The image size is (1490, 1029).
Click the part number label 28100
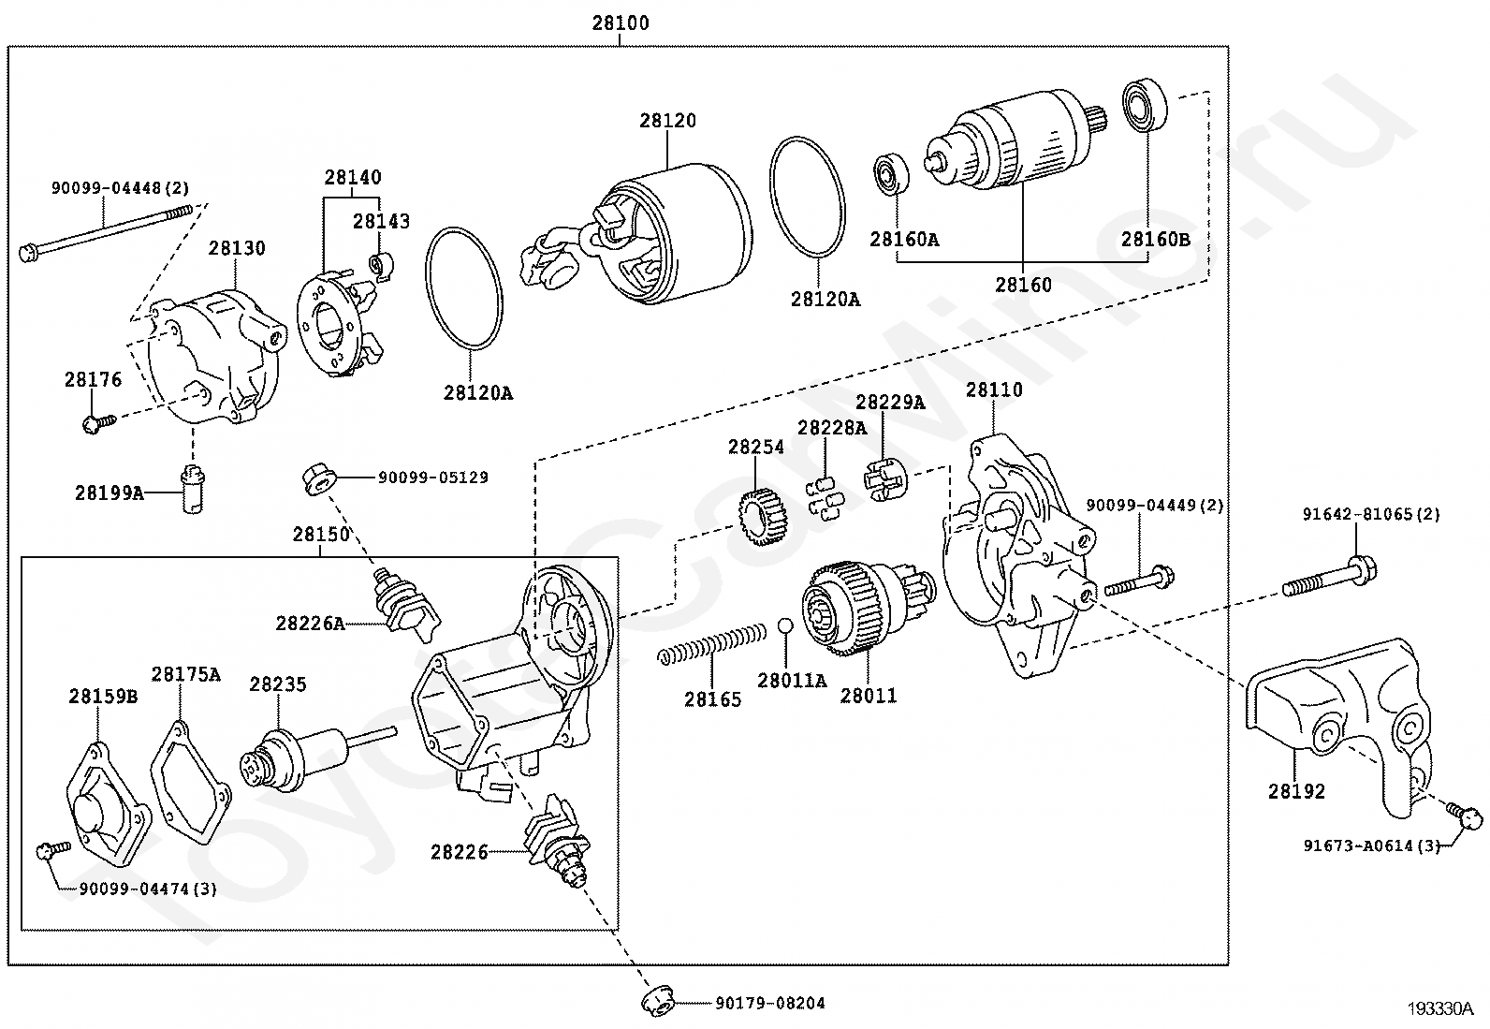click(620, 23)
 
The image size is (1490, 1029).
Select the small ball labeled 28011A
click(787, 626)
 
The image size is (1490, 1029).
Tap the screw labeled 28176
click(96, 423)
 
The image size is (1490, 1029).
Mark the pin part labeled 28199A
click(191, 488)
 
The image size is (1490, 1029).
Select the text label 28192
click(1296, 791)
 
